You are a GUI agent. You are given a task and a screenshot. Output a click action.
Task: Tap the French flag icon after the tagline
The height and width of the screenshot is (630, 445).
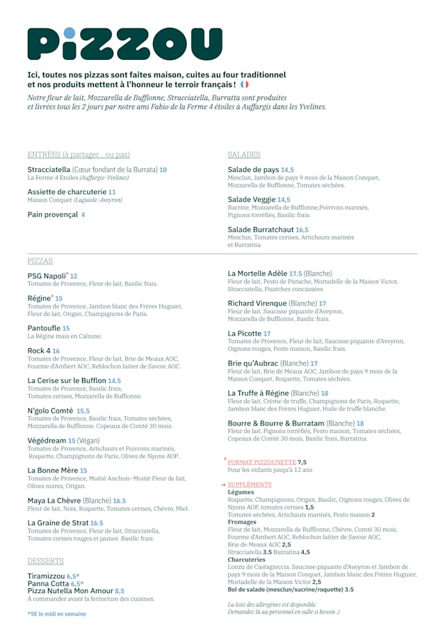click(244, 84)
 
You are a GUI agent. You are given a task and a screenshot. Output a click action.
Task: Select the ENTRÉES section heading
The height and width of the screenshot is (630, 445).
click(79, 155)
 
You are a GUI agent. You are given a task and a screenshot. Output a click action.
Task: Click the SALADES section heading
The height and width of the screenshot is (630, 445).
click(244, 155)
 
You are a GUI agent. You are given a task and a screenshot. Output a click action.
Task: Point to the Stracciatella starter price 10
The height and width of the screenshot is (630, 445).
click(163, 170)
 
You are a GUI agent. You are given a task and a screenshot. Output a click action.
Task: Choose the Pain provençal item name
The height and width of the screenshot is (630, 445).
click(52, 214)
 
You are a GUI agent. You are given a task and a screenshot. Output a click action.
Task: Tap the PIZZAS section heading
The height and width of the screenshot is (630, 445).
click(40, 261)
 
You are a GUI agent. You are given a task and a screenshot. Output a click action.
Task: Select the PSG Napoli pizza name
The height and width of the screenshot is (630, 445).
click(47, 276)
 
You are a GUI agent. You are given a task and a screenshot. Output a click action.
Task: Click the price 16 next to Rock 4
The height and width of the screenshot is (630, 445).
click(56, 351)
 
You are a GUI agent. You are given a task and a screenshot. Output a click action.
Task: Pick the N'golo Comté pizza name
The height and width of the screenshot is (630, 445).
click(50, 411)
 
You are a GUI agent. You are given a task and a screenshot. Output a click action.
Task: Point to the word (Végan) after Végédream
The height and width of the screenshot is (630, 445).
click(89, 441)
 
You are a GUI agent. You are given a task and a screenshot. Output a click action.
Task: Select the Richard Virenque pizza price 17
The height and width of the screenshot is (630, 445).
click(323, 304)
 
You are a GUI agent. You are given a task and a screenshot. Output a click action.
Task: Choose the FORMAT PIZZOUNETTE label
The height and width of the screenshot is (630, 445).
click(261, 462)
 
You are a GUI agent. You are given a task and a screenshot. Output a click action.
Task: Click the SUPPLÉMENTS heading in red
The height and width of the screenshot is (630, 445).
click(250, 485)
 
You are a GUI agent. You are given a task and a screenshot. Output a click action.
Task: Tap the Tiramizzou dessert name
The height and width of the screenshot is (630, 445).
click(46, 576)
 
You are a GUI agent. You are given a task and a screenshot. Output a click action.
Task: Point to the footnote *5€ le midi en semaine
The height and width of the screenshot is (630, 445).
click(57, 614)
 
